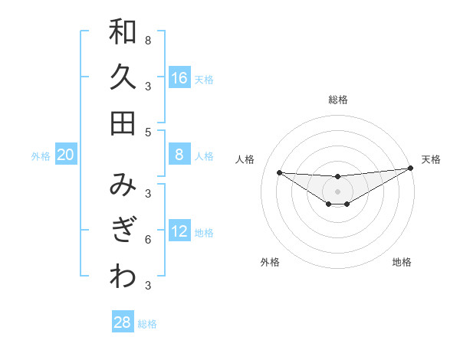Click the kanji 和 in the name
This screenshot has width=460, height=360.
pos(123,31)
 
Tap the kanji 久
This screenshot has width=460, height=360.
pos(123,77)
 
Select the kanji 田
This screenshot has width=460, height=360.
pos(123,123)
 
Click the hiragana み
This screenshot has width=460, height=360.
pos(123,185)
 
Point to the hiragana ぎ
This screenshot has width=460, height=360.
pos(123,231)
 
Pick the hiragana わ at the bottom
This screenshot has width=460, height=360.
pos(123,277)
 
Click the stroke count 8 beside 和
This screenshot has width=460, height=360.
pos(148,40)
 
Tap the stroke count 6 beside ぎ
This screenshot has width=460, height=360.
pos(148,240)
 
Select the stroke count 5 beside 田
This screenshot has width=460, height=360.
pos(148,132)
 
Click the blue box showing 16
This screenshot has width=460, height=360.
pos(179,77)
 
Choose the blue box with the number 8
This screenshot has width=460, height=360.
pos(179,155)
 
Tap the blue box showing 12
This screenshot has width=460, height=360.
pos(179,231)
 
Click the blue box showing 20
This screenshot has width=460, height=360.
pos(65,155)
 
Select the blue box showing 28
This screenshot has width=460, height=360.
pos(123,322)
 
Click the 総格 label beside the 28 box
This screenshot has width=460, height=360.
pos(147,324)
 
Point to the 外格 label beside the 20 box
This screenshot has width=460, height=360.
pos(41,156)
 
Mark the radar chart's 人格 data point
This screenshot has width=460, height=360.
pos(279,172)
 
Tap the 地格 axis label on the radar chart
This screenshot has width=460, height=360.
pos(402,262)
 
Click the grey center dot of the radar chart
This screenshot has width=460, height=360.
pos(337,191)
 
